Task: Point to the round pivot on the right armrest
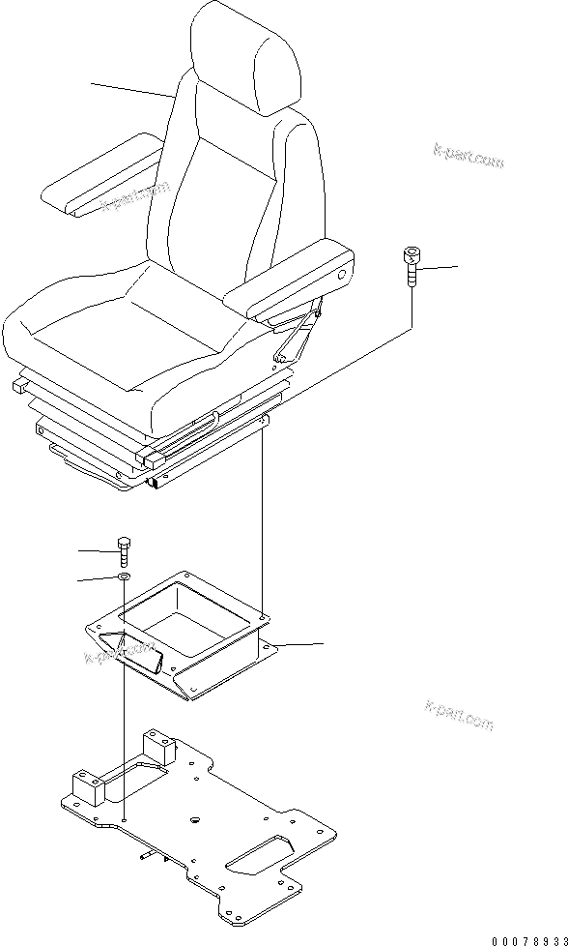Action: coord(342,277)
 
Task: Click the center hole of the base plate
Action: coord(194,820)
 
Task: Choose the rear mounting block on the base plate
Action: coord(160,750)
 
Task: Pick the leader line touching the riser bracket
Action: coord(299,644)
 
